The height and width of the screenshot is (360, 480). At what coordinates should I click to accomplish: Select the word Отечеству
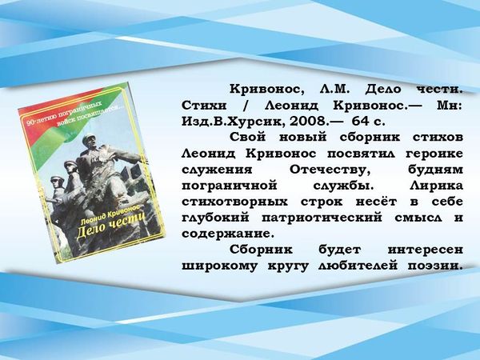pyautogui.click(x=330, y=170)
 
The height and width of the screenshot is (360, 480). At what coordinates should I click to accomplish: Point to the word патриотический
pyautogui.click(x=322, y=218)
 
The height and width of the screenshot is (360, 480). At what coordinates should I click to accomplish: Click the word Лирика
pyautogui.click(x=436, y=186)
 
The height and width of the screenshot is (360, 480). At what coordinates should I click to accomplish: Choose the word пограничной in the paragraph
pyautogui.click(x=230, y=186)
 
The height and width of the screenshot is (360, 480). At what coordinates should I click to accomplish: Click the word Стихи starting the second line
pyautogui.click(x=204, y=106)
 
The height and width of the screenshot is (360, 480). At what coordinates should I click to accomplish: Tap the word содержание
pyautogui.click(x=227, y=234)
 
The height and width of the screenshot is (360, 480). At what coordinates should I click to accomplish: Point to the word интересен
pyautogui.click(x=426, y=250)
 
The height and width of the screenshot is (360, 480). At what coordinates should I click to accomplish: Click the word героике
pyautogui.click(x=434, y=154)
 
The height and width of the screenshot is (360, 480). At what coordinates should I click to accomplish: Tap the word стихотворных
pyautogui.click(x=234, y=202)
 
